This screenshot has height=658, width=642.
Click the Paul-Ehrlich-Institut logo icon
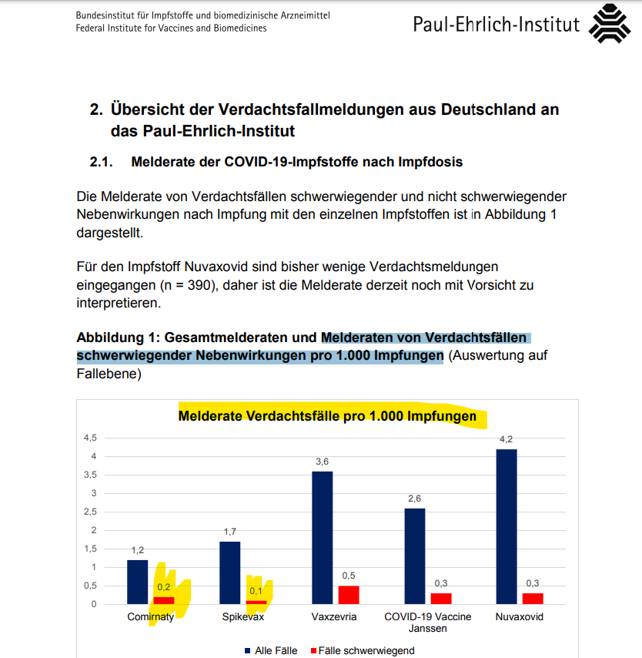(609, 25)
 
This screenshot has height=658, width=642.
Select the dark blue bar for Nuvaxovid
(507, 525)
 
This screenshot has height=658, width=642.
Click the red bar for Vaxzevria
(348, 594)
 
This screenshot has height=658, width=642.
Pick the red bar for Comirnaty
(164, 600)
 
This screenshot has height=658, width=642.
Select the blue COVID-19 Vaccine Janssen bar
(414, 556)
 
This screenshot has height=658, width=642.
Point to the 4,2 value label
(507, 439)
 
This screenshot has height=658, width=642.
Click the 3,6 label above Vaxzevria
(322, 462)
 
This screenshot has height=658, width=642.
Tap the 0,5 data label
(348, 576)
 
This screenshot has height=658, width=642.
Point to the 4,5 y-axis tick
(90, 438)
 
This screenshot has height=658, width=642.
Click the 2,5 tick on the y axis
(90, 512)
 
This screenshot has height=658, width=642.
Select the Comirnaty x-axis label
(150, 617)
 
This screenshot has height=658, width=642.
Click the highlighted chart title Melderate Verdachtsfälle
(327, 417)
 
